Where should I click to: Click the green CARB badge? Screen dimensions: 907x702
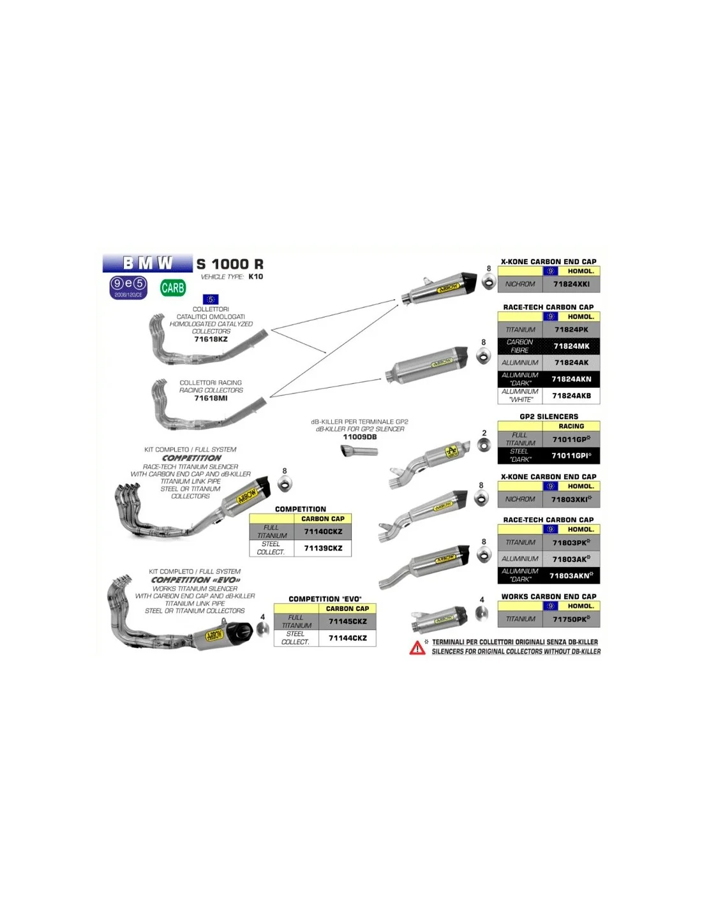(173, 288)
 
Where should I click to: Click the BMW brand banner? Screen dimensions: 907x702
(147, 263)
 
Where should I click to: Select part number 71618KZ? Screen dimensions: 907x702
(211, 339)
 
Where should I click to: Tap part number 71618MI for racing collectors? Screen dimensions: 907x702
(211, 398)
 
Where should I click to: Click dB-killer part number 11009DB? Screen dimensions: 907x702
(360, 437)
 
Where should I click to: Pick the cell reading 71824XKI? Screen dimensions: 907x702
(571, 284)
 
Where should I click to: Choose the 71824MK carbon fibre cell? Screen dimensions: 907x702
(571, 346)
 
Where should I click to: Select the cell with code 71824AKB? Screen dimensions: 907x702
(571, 395)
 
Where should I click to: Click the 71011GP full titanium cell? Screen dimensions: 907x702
(571, 439)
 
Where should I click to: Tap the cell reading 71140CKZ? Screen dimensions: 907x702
(323, 531)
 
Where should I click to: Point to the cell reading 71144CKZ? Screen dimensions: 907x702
(347, 638)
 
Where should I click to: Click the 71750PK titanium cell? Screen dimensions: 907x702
(571, 619)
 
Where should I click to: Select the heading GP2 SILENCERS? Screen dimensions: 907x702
(549, 417)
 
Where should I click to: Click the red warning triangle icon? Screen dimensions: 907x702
(417, 648)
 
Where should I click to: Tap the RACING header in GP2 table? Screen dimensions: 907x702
(571, 426)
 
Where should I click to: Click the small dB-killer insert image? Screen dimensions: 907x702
(359, 452)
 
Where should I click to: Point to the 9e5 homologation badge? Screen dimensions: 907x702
(128, 287)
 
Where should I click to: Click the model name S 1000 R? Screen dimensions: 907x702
(230, 264)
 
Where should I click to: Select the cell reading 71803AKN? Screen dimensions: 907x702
(571, 575)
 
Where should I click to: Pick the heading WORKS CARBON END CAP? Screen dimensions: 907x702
(549, 597)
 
